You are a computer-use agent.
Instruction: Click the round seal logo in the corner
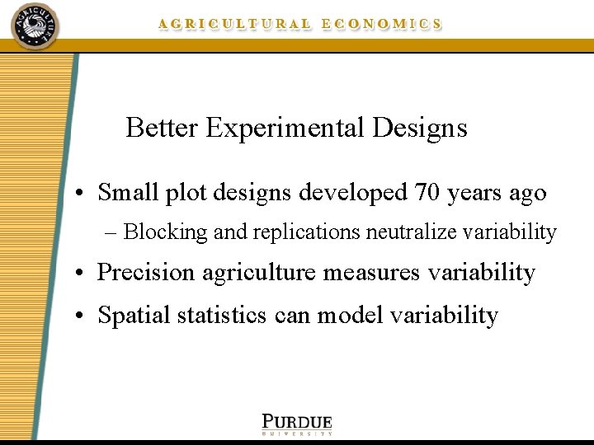(35, 26)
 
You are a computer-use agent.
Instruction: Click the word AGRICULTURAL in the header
(235, 24)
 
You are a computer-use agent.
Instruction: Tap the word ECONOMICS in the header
(381, 24)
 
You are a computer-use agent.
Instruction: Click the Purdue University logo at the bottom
(297, 423)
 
